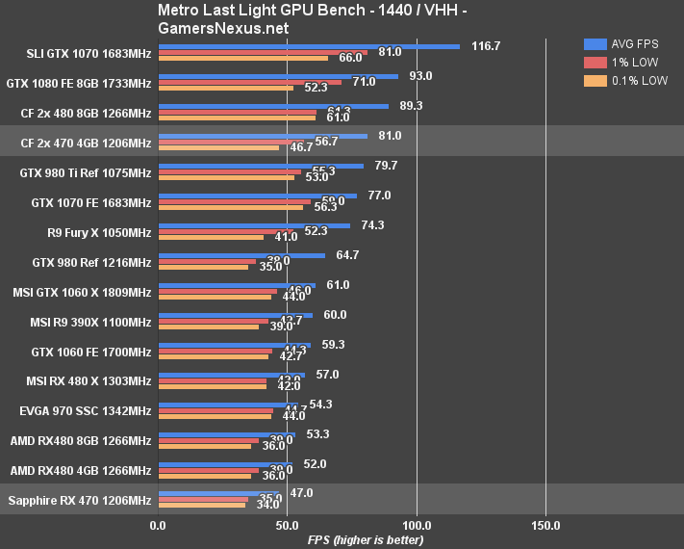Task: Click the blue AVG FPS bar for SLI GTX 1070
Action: pos(308,45)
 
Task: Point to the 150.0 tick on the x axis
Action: pos(545,525)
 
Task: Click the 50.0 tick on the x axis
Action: pos(287,525)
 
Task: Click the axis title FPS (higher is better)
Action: pos(366,539)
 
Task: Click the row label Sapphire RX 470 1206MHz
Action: pos(80,500)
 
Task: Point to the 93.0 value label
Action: pos(420,76)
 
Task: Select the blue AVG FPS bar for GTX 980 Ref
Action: pos(241,255)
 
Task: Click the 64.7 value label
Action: pos(347,255)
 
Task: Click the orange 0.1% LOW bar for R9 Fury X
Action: pos(211,237)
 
